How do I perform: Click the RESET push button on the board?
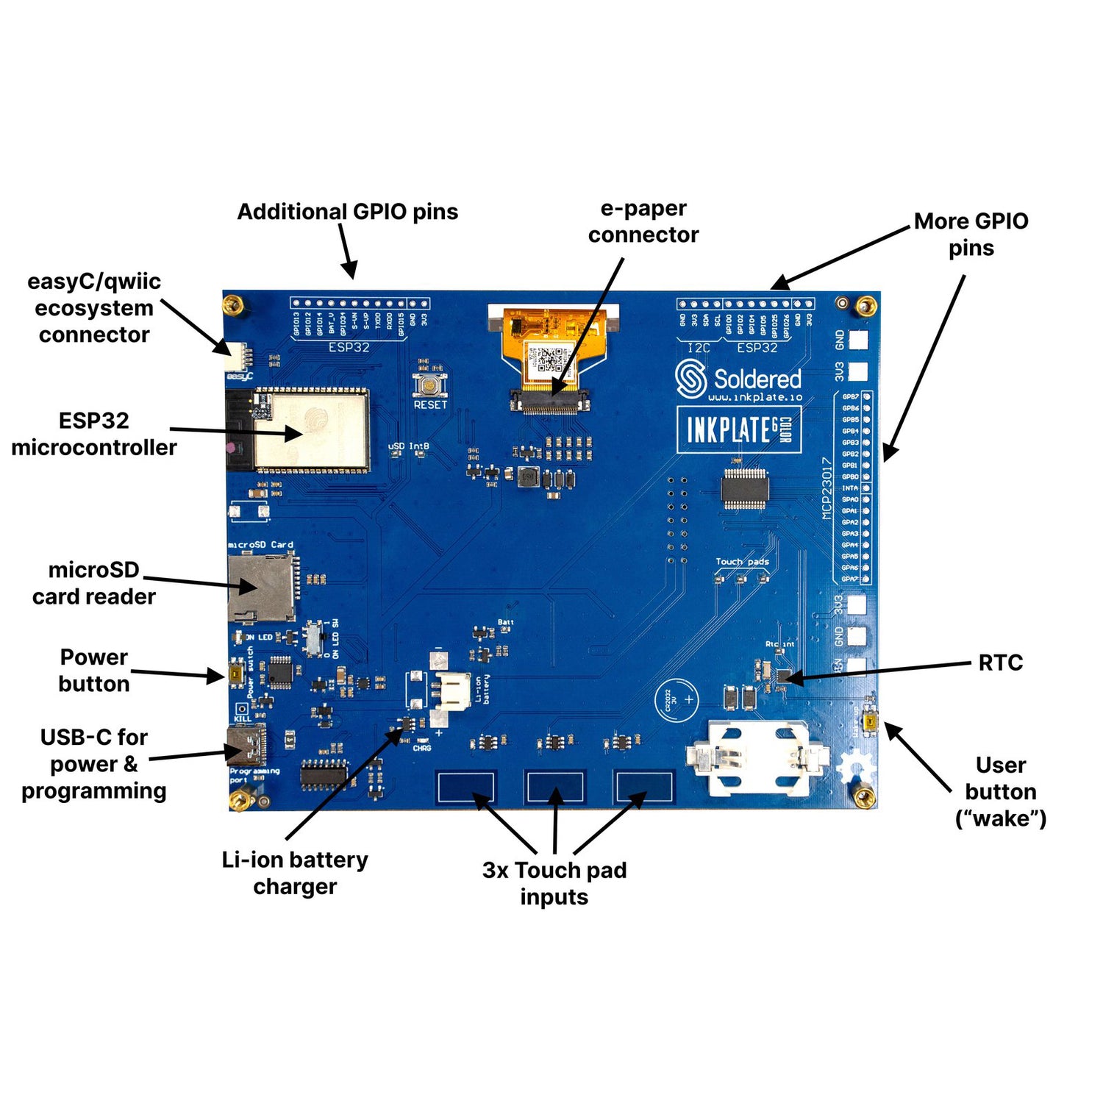click(x=430, y=385)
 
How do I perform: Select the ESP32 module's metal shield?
click(x=311, y=430)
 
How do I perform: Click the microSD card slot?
click(x=260, y=588)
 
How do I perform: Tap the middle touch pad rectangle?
click(x=554, y=788)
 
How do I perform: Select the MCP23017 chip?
click(x=745, y=488)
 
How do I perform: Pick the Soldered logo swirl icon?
click(x=690, y=379)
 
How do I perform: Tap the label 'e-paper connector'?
click(x=643, y=222)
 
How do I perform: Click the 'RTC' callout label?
click(x=1000, y=663)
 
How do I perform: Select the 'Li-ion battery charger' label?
click(x=295, y=873)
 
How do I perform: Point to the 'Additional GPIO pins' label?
click(x=347, y=212)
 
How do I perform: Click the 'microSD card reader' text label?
click(x=93, y=583)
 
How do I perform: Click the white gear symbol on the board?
click(x=855, y=769)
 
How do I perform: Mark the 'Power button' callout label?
click(x=93, y=670)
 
